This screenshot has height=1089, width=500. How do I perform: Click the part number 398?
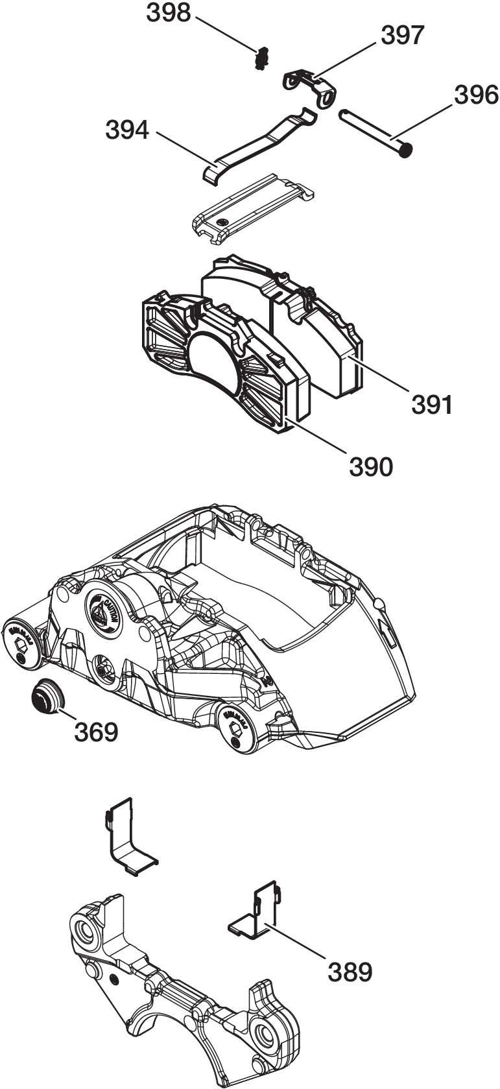pyautogui.click(x=169, y=12)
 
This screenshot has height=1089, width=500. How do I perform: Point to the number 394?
pyautogui.click(x=128, y=130)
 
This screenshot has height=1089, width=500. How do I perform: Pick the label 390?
pyautogui.click(x=371, y=465)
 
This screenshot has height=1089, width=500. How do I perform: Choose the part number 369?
pyautogui.click(x=96, y=731)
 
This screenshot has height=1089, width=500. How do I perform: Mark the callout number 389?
pyautogui.click(x=350, y=971)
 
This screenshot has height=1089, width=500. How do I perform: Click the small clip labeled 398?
pyautogui.click(x=261, y=59)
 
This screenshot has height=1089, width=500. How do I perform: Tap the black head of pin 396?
pyautogui.click(x=407, y=152)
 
